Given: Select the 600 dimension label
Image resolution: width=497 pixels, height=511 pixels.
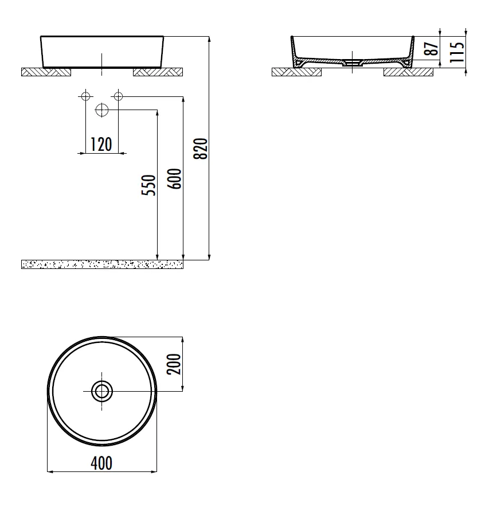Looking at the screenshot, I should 176,179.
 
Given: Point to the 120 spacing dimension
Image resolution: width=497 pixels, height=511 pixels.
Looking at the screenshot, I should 101,145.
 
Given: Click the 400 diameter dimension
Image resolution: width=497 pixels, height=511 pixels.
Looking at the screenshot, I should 101,463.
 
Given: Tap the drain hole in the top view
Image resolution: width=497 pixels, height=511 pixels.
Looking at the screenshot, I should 102,392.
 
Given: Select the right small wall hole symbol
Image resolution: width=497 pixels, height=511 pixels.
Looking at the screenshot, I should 118,96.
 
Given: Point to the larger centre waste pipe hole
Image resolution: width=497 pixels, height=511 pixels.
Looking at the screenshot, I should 102,110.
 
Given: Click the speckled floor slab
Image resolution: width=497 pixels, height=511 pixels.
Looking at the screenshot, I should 102,264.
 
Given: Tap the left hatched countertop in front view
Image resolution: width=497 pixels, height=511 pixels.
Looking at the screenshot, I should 46,72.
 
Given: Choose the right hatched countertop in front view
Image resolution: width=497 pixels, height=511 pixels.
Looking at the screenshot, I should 158,72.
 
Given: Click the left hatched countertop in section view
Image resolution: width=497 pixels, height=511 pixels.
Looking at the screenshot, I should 296,72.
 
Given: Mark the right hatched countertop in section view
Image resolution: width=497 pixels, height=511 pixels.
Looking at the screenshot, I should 408,72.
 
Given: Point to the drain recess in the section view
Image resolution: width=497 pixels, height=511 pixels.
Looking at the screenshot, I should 353,64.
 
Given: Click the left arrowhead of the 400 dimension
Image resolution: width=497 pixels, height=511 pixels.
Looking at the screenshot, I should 49,472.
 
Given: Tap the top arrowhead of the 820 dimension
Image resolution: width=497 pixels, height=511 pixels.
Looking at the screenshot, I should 209,40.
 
